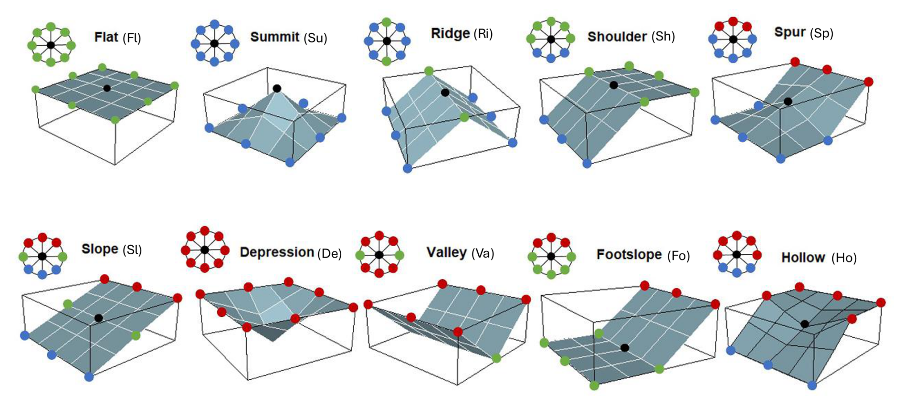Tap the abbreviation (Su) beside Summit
point(315,38)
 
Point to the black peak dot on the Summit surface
point(277,88)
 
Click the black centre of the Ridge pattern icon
point(387,42)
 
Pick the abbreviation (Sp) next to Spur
point(820,33)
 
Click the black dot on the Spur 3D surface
point(788,101)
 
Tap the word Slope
point(100,249)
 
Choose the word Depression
point(277,252)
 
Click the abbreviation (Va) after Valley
point(483,253)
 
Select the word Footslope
point(629,254)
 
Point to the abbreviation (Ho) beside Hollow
point(844,258)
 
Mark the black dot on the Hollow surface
point(805,324)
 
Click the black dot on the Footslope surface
point(625,348)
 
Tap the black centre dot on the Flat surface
point(107,88)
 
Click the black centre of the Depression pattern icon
point(205,249)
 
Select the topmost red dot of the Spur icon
point(733,21)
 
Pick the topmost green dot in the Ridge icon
point(387,22)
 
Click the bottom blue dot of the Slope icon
point(42,274)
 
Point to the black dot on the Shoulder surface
point(614,85)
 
